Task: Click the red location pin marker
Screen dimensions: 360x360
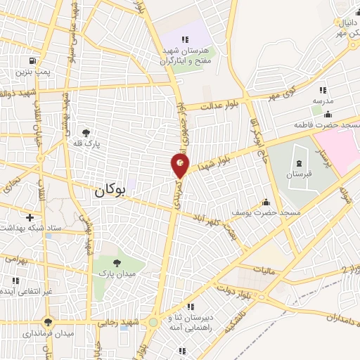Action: pyautogui.click(x=180, y=166)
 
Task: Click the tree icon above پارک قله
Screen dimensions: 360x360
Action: pyautogui.click(x=86, y=131)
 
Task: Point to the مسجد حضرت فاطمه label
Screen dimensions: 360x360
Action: pyautogui.click(x=326, y=124)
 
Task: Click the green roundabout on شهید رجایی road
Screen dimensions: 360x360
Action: pyautogui.click(x=153, y=323)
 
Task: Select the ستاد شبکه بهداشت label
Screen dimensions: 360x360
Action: pyautogui.click(x=25, y=229)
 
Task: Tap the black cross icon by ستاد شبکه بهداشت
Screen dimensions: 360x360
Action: pyautogui.click(x=30, y=217)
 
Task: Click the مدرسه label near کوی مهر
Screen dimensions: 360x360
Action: pyautogui.click(x=323, y=101)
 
